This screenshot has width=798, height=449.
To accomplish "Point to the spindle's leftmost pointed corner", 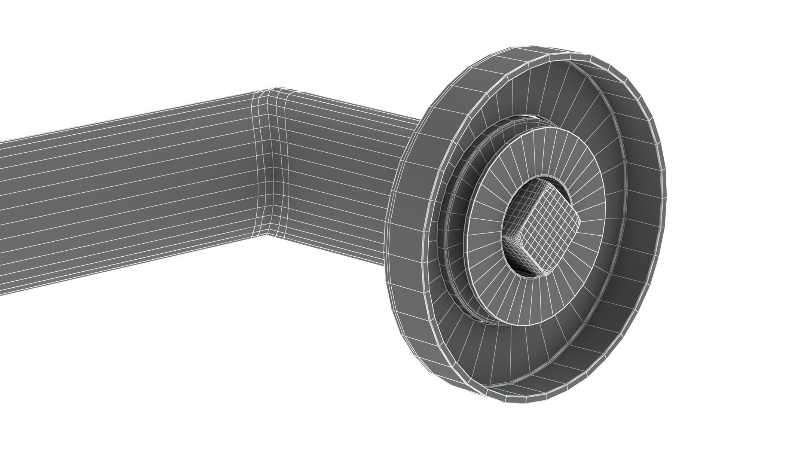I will click(x=504, y=236).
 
